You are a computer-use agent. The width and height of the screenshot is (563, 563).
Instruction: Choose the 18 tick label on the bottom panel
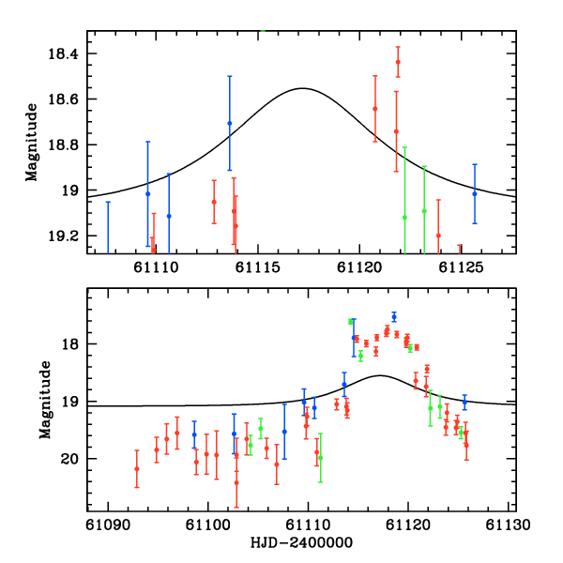coord(71,344)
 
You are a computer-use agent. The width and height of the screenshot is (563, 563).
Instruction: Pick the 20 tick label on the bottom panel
coord(71,459)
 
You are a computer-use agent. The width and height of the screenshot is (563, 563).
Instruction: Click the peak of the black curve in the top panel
coord(301,88)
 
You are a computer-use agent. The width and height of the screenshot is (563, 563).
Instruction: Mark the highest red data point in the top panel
coord(398,62)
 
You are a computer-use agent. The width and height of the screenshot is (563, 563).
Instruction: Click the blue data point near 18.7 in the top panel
coord(229,123)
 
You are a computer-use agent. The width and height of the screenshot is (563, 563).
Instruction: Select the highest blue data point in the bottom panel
coord(394,316)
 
